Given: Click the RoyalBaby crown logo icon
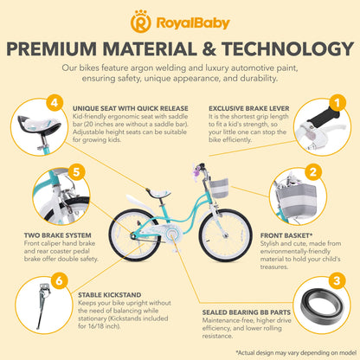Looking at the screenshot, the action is tap(141, 21).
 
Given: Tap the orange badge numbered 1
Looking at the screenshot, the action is tap(337, 102).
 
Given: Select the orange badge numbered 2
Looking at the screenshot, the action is tap(313, 172).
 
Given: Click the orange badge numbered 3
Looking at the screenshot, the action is tap(337, 281).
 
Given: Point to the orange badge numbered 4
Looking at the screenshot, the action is tap(55, 102).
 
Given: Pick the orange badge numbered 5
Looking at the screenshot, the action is tap(76, 172).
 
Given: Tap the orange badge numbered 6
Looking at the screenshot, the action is tap(59, 280).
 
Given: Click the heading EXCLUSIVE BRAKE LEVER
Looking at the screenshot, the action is tap(249, 108).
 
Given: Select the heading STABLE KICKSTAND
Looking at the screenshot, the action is tap(110, 295).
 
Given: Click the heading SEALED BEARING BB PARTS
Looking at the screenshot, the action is tap(247, 312).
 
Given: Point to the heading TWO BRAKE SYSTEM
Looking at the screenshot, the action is tap(58, 235).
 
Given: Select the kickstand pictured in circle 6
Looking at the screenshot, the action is tap(43, 305).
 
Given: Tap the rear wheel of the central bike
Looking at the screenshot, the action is tap(135, 235).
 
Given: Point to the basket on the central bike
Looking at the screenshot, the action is tap(219, 188).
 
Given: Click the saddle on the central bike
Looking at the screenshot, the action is tap(158, 193).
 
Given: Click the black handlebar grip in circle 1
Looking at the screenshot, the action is tap(324, 118).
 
